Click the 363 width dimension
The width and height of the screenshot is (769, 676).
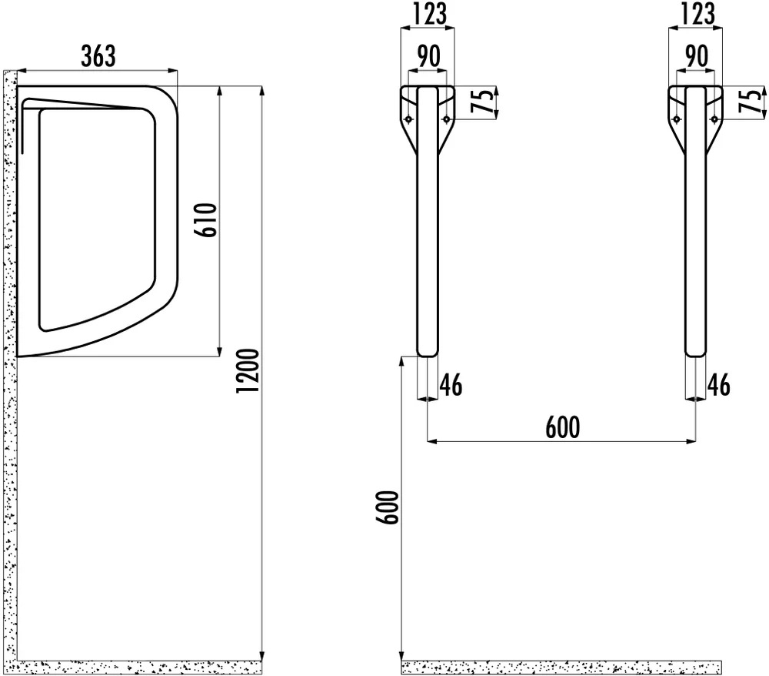tap(98, 55)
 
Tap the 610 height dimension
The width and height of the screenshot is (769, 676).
tap(207, 220)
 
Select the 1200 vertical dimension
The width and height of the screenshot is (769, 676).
tap(247, 370)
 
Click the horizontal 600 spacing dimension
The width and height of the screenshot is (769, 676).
tap(563, 427)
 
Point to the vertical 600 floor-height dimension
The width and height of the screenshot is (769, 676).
tap(388, 507)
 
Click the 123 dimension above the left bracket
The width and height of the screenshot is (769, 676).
tap(428, 13)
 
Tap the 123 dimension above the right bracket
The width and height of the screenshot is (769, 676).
tap(697, 13)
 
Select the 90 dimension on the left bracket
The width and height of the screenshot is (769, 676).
tap(428, 55)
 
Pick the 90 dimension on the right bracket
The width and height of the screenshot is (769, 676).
tap(696, 55)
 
